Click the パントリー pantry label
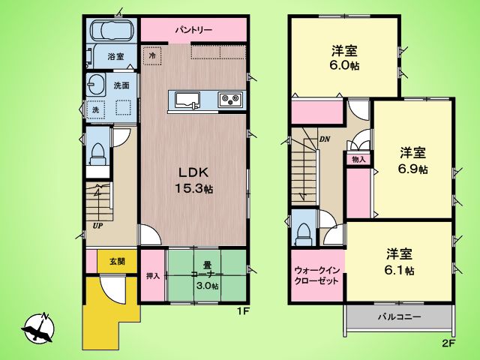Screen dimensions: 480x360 point(193,30)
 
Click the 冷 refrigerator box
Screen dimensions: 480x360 point(152,55)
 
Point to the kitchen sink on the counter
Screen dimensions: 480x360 point(187,100)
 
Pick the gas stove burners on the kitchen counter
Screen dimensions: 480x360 point(230,99)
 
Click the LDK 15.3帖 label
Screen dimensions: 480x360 point(193,181)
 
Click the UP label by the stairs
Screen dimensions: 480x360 point(98,226)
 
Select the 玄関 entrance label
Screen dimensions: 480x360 point(117,261)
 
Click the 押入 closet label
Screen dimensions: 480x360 point(153,276)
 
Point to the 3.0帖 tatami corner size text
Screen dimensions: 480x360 point(207,286)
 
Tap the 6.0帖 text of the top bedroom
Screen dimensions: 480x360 point(345,66)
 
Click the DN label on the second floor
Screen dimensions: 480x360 point(325,139)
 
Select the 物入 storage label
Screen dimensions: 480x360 point(358,159)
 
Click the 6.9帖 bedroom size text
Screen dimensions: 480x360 point(412,169)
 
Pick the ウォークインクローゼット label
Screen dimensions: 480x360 point(317,275)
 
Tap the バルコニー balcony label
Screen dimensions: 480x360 point(399,316)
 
